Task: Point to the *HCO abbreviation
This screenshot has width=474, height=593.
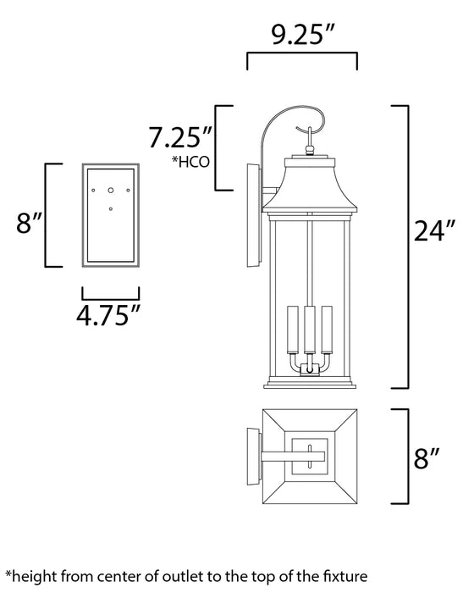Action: coord(190,162)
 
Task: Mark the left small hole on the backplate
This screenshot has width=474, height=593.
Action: coord(94,191)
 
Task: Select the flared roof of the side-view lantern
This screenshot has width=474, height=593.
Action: coord(310,182)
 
